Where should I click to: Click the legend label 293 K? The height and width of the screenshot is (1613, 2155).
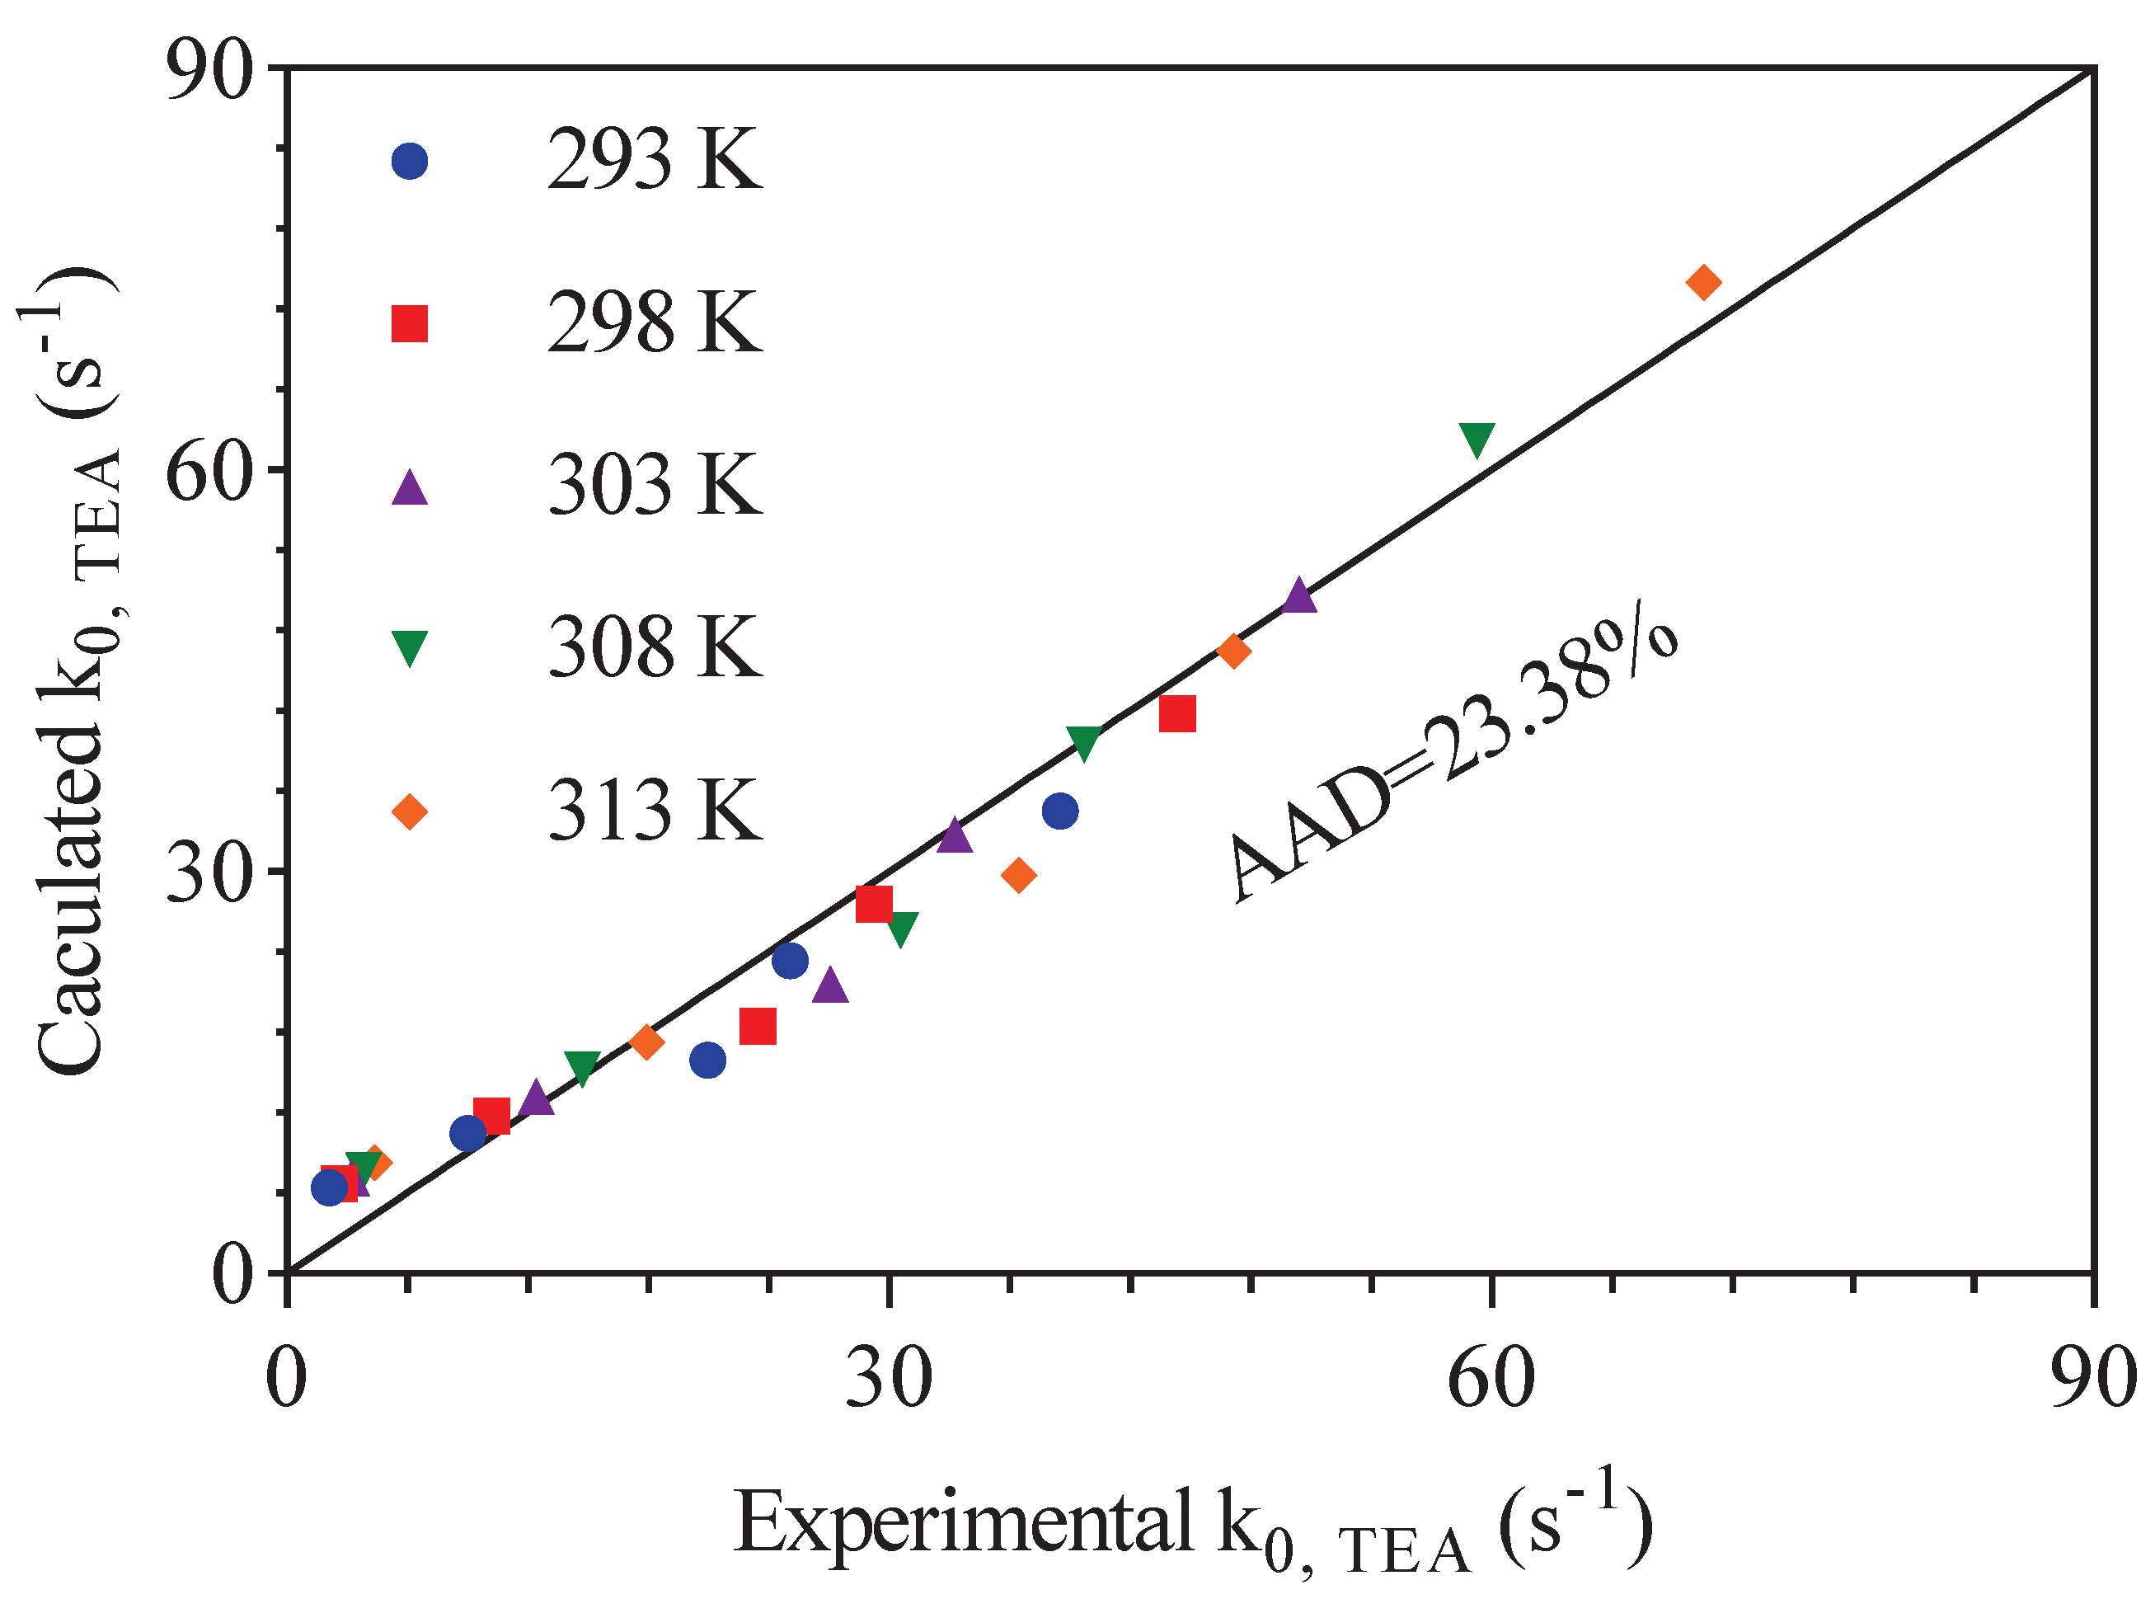[654, 160]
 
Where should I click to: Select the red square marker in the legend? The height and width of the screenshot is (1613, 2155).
[409, 322]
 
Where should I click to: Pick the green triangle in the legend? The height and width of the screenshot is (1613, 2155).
[409, 647]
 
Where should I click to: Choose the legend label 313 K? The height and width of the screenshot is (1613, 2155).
[654, 810]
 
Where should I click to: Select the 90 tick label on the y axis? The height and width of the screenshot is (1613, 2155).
[209, 71]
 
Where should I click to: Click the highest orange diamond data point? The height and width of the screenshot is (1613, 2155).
[1704, 283]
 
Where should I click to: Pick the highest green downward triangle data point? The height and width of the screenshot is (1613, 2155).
[1477, 440]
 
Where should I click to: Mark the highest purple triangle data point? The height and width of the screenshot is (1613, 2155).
[1299, 595]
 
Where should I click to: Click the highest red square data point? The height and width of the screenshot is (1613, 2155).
[1178, 713]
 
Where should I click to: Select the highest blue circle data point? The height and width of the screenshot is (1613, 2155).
[1060, 811]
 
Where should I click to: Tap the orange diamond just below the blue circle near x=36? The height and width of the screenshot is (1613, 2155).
[1019, 875]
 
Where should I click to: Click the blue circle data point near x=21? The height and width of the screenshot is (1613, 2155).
[708, 1060]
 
